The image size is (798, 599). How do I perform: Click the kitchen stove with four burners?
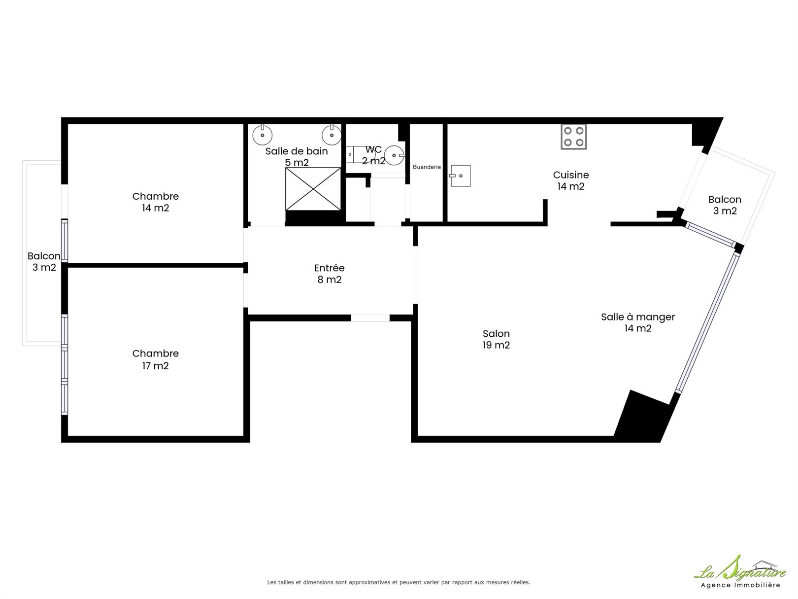[x=573, y=137]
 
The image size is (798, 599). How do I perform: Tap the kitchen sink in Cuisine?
[x=460, y=176]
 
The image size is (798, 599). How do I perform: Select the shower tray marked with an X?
[x=313, y=189]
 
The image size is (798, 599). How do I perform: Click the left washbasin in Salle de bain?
[x=262, y=135]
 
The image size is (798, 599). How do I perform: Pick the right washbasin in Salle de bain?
[x=332, y=135]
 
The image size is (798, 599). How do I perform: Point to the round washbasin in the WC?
[x=395, y=155]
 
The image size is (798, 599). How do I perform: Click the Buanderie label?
[x=427, y=167]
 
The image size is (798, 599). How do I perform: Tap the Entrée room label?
[x=330, y=274]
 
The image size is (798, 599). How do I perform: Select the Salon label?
[x=496, y=339]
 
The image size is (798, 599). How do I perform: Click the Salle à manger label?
[x=638, y=322]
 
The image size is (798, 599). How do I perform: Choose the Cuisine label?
[x=571, y=180]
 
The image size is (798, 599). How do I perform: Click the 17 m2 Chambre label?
[x=155, y=359]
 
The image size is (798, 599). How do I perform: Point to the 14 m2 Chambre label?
[x=155, y=202]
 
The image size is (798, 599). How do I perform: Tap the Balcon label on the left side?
[x=44, y=261]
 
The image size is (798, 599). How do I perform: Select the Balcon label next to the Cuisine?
[x=725, y=205]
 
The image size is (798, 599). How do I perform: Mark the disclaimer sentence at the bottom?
[x=399, y=582]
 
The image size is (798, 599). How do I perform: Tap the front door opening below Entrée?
[x=370, y=318]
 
